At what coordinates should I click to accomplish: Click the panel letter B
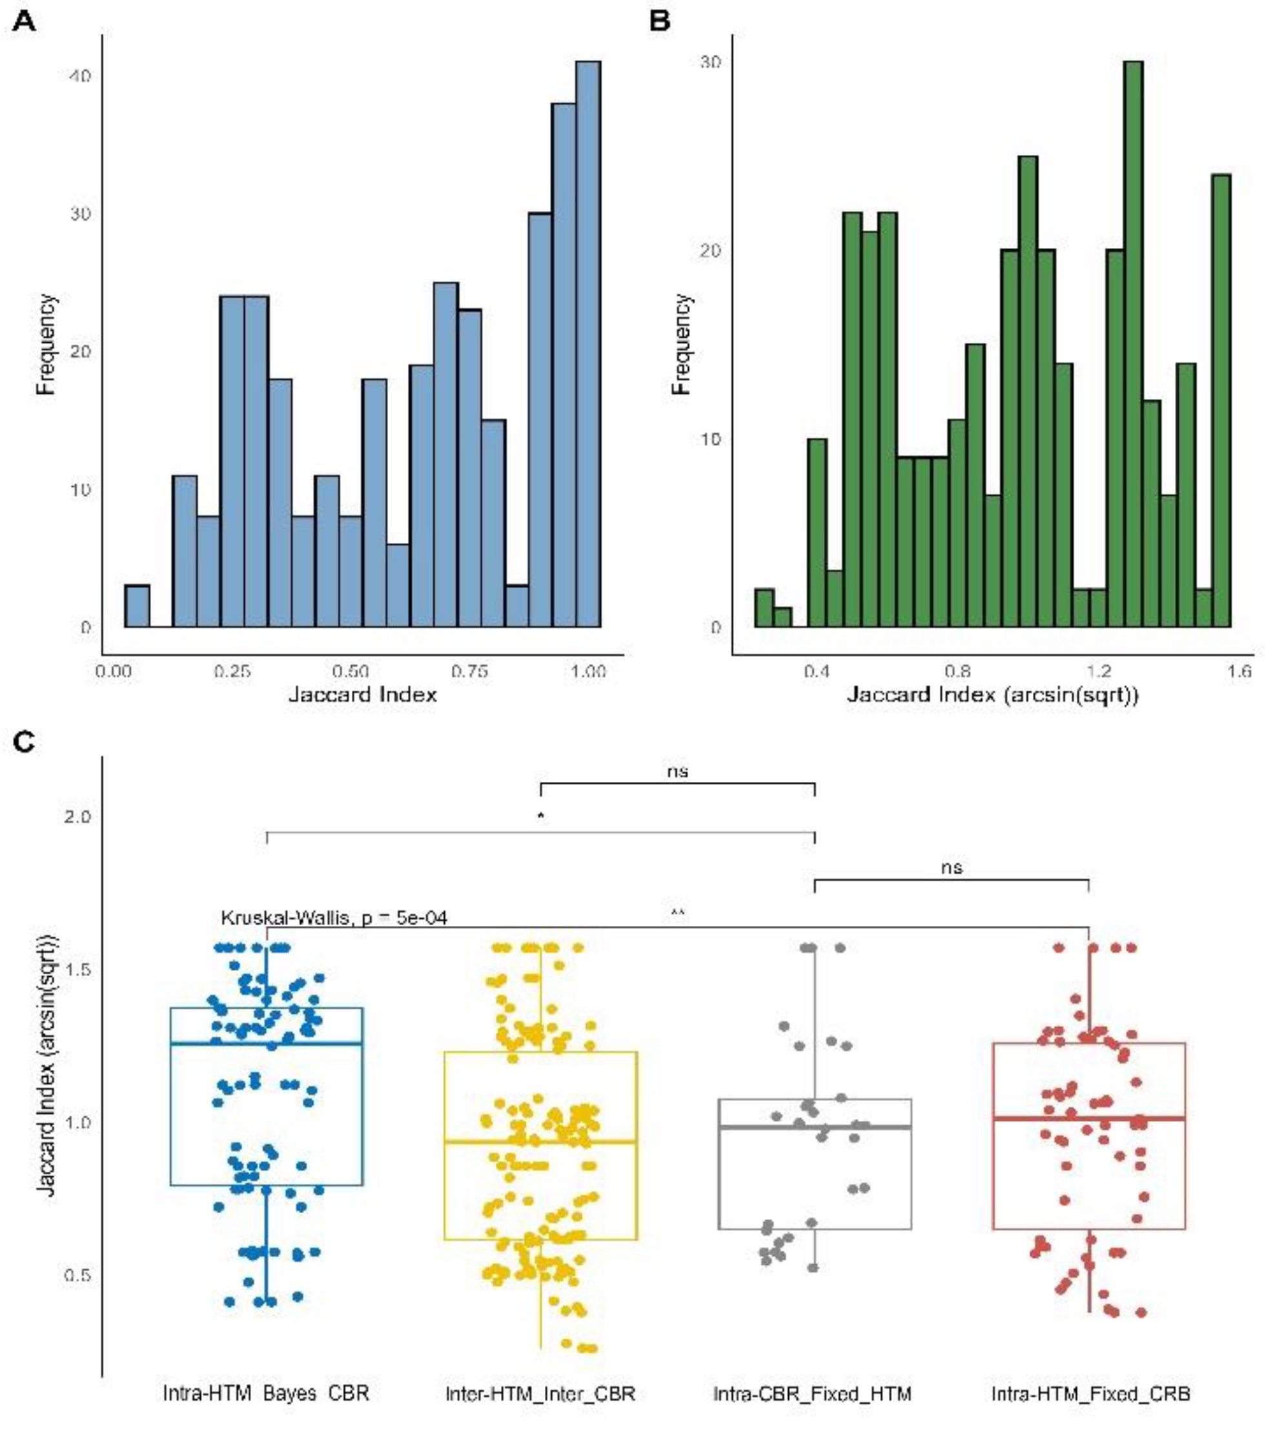coord(660,21)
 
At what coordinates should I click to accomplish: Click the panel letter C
coord(24,742)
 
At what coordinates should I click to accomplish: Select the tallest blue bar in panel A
coord(588,343)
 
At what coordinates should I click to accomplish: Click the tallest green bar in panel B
coord(1133,343)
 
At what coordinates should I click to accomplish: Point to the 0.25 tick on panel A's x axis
coord(232,672)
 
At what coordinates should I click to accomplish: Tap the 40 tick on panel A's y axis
coord(81,76)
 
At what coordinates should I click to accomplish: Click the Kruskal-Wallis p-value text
coord(334,918)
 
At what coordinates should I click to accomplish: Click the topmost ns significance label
coord(677,772)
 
